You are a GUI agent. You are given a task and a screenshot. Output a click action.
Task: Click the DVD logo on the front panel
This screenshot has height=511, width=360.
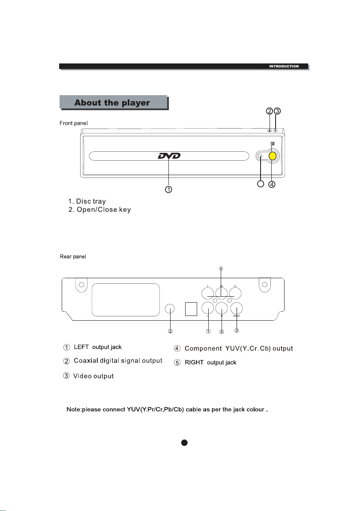click(x=169, y=156)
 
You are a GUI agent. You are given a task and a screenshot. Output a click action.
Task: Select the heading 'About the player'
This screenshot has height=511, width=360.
click(x=112, y=103)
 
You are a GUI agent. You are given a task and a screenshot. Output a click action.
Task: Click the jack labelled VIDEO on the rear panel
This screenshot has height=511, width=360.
click(x=237, y=309)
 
